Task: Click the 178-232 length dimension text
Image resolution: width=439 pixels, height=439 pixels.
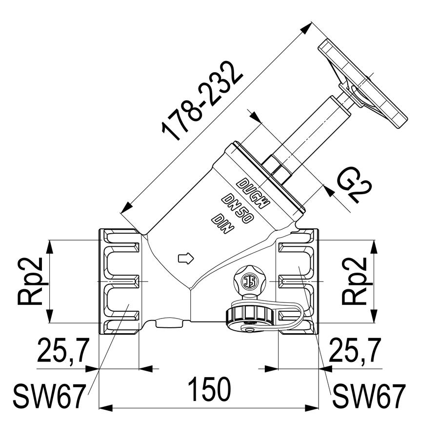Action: click(x=201, y=101)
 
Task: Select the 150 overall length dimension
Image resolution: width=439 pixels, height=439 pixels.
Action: click(x=210, y=389)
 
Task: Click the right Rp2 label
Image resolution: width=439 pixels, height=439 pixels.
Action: click(x=355, y=281)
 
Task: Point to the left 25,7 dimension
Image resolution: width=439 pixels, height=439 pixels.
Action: click(x=63, y=350)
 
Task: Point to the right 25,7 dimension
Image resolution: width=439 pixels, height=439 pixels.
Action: click(x=355, y=350)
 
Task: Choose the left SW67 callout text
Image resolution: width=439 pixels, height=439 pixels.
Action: click(x=49, y=396)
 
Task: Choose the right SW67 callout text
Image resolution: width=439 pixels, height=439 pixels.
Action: click(x=369, y=396)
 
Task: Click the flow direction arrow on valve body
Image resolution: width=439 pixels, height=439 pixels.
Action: click(x=186, y=258)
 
